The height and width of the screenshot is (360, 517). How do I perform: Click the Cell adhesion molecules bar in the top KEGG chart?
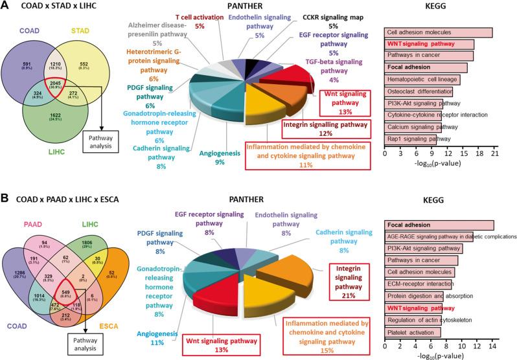[438, 32]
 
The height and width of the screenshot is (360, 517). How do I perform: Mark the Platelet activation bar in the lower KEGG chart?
[413, 332]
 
